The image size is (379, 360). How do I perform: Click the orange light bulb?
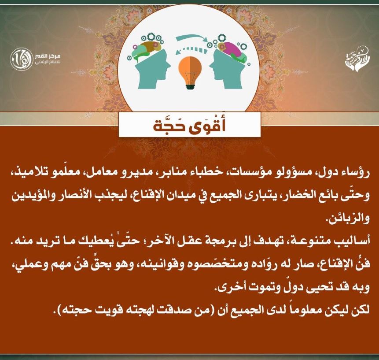(190, 73)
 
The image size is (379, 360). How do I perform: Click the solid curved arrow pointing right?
(191, 38)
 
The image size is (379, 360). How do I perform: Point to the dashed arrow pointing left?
(191, 50)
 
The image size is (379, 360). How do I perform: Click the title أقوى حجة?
(189, 125)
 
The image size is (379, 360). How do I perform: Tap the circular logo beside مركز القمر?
(21, 59)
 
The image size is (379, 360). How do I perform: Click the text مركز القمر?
(47, 56)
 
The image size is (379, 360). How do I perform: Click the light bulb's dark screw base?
(191, 85)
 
